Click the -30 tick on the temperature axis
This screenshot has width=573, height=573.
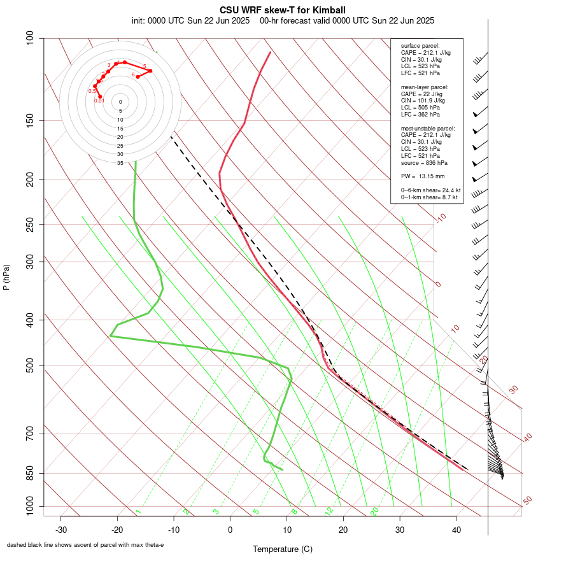61,529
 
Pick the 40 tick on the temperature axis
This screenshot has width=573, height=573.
456,529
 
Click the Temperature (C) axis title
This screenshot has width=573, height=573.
283,549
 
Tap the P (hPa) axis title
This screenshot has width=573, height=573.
6,278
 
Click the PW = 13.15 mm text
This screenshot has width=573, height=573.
423,176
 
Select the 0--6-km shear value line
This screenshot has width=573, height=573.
430,190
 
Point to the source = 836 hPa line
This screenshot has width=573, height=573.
425,162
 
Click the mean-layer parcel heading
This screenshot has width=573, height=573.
425,87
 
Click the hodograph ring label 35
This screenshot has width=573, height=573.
120,163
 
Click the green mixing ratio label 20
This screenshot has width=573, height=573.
374,511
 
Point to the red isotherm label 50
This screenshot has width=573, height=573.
527,501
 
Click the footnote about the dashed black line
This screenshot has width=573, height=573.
85,545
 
